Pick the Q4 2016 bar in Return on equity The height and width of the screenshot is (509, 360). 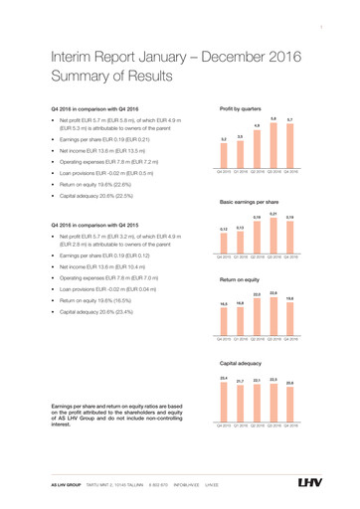(x=288, y=319)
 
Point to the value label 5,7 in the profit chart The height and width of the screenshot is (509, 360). (x=288, y=119)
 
